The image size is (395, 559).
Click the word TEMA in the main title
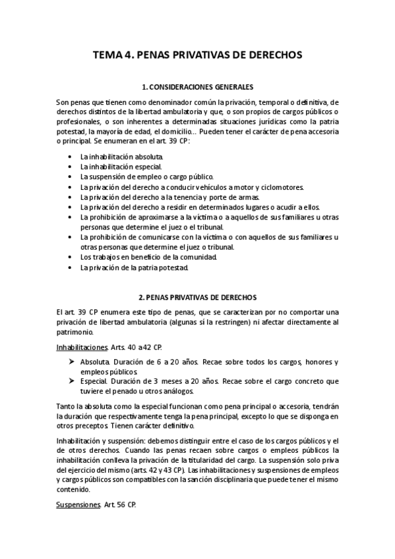(x=107, y=56)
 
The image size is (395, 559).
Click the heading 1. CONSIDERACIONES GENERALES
(x=197, y=86)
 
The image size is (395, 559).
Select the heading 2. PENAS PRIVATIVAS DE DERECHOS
(x=197, y=298)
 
